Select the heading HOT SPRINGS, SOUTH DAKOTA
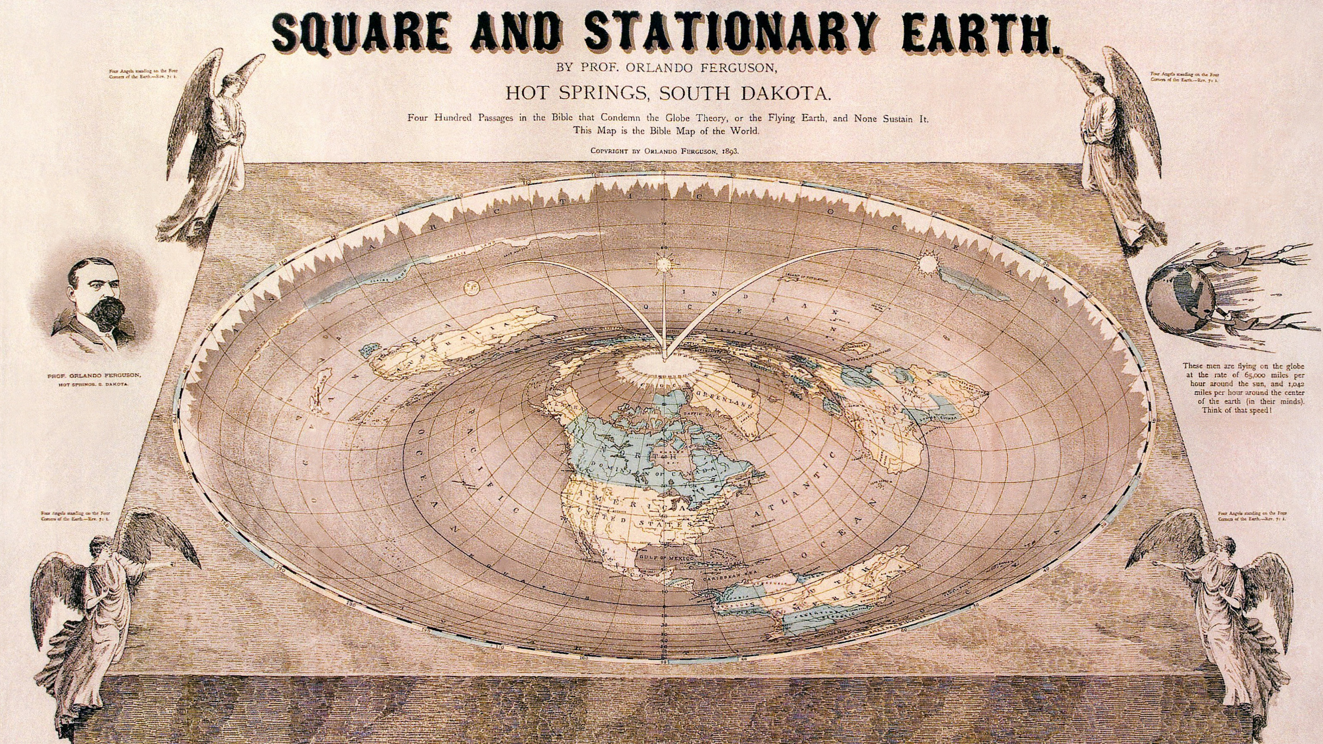coord(661,94)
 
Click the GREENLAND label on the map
coord(725,398)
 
